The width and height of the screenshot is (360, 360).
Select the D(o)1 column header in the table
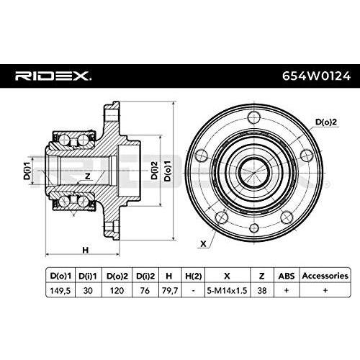pyautogui.click(x=58, y=276)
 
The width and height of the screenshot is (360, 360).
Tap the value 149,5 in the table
pyautogui.click(x=58, y=291)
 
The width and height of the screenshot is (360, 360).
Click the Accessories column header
pyautogui.click(x=324, y=276)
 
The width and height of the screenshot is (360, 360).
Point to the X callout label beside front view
pyautogui.click(x=204, y=243)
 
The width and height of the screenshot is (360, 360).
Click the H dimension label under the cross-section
pyautogui.click(x=84, y=249)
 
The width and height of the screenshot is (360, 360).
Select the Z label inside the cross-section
pyautogui.click(x=86, y=176)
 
